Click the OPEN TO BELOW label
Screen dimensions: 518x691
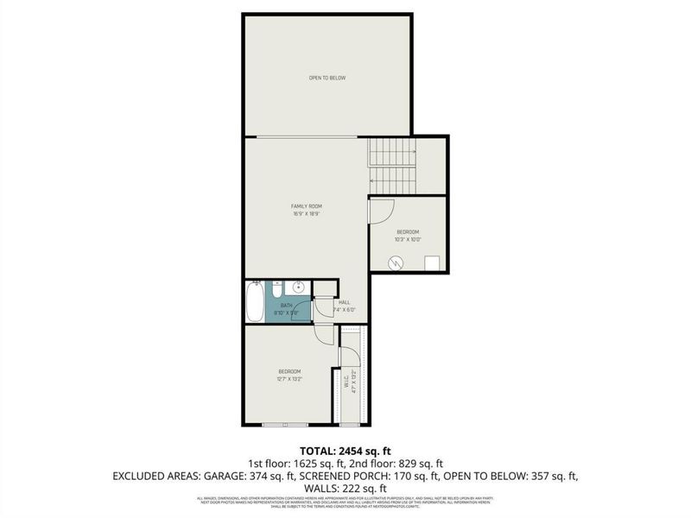pos(327,79)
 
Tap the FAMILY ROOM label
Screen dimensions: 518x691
pos(306,205)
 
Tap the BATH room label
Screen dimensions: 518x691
pos(287,305)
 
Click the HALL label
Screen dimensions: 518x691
pos(345,302)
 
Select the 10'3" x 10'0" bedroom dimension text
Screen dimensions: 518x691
pos(408,240)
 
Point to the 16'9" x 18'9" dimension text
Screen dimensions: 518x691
pos(306,214)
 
